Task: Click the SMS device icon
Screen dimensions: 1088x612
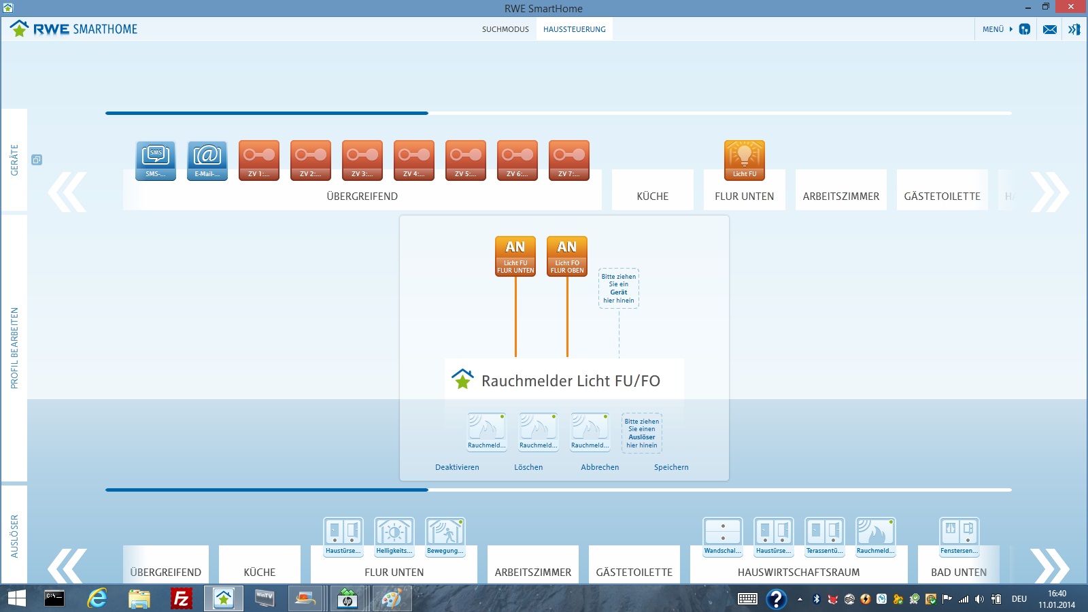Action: coord(156,160)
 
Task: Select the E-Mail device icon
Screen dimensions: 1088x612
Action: coord(207,160)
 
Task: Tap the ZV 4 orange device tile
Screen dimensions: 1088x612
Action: coord(414,160)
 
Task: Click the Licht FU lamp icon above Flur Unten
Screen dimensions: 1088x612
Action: coord(744,160)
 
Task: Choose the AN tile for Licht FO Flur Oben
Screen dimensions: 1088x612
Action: coord(567,256)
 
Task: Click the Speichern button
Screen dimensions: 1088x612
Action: coord(671,467)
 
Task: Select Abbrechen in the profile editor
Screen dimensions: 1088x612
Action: coord(600,467)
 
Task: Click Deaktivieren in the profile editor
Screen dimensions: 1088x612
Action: coord(457,467)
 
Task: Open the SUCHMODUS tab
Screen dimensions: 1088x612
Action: coord(505,29)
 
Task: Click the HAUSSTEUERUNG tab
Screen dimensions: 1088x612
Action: coord(574,29)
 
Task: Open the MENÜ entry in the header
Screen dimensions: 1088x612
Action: coord(993,29)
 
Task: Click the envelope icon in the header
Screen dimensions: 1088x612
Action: coord(1050,30)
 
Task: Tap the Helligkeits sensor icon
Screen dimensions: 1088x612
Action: coord(394,537)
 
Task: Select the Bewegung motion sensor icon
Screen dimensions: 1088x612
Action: coord(445,537)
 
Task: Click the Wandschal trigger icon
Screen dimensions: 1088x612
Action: coord(723,537)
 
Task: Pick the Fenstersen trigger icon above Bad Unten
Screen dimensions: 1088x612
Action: coord(959,537)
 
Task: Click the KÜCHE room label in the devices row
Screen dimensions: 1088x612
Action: coord(652,197)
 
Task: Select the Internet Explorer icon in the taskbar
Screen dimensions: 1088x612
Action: coord(97,598)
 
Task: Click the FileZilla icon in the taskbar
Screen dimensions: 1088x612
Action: coord(181,598)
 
